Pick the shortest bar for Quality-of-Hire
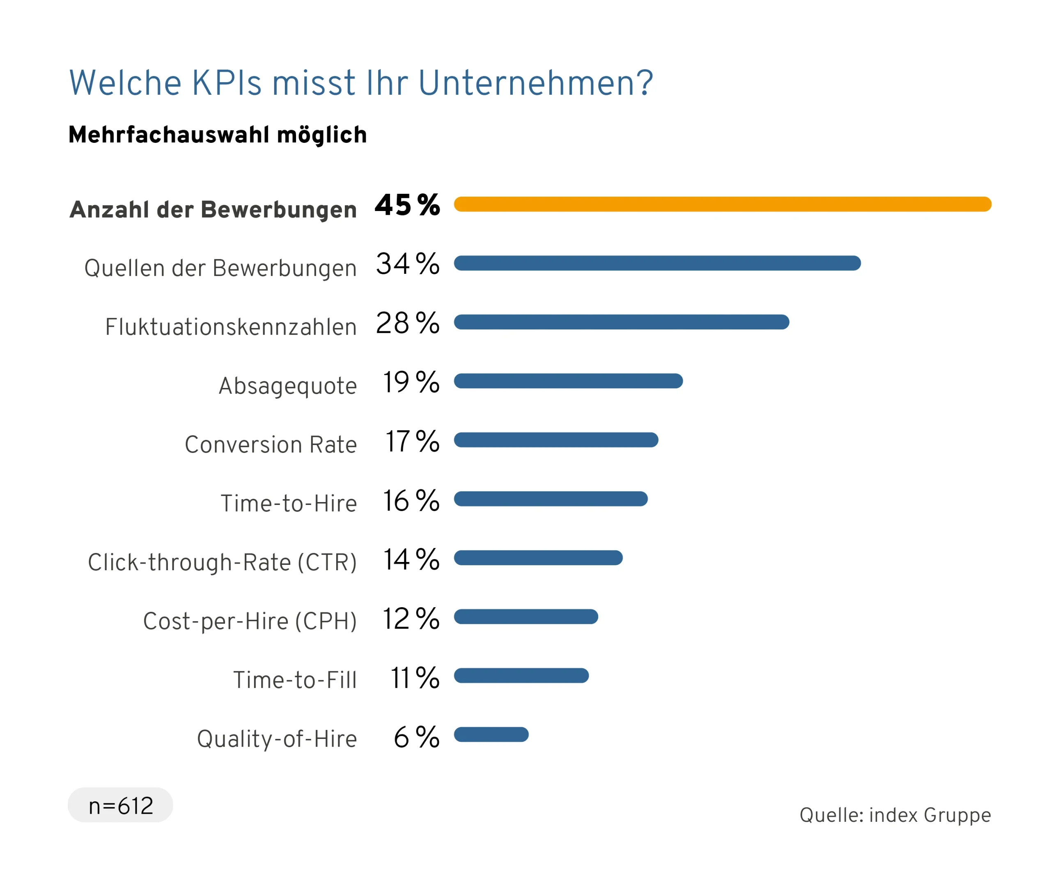pyautogui.click(x=491, y=734)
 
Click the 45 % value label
pyautogui.click(x=407, y=205)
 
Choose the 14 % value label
pyautogui.click(x=411, y=560)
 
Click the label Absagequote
pyautogui.click(x=288, y=386)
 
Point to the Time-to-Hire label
pyautogui.click(x=289, y=504)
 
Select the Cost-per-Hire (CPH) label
pyautogui.click(x=250, y=621)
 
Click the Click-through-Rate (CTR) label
pyautogui.click(x=222, y=562)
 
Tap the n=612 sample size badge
pyautogui.click(x=120, y=805)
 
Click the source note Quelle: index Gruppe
pyautogui.click(x=895, y=815)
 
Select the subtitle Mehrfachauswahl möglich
pyautogui.click(x=218, y=135)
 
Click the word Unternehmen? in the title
pyautogui.click(x=535, y=83)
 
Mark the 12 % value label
pyautogui.click(x=410, y=619)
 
